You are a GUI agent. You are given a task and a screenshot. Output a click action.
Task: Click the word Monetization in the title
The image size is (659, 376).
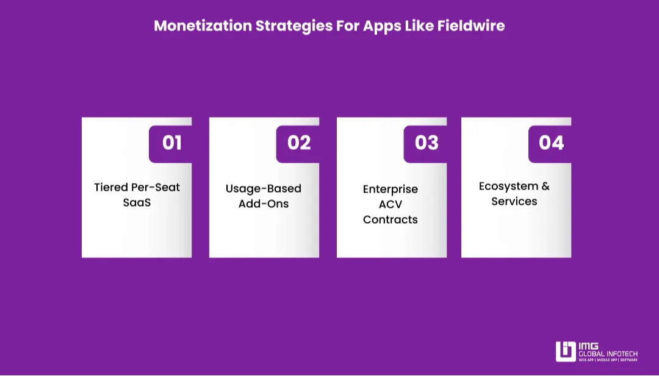[203, 26]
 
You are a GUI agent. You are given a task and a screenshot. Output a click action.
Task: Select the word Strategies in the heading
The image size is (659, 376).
[293, 26]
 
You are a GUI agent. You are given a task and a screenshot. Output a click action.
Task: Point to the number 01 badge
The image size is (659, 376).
[170, 144]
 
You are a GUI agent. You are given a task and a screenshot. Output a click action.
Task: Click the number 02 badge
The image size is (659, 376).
[298, 144]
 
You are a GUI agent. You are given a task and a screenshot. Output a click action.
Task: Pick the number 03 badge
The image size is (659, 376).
[425, 144]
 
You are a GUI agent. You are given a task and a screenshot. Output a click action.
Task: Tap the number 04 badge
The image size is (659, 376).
[550, 144]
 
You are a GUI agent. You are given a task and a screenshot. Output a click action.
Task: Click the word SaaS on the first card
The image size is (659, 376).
[137, 202]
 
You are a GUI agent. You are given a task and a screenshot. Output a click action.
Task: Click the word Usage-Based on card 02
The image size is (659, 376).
[264, 189]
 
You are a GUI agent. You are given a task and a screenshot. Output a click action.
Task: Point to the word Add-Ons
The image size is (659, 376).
[264, 204]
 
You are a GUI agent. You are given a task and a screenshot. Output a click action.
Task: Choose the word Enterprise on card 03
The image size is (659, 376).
[391, 190]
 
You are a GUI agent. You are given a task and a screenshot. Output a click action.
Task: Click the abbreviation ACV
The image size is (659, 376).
[391, 204]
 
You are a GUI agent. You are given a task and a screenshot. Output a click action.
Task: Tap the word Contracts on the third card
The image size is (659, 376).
[391, 219]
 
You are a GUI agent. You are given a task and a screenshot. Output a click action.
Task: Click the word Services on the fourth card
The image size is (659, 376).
[514, 202]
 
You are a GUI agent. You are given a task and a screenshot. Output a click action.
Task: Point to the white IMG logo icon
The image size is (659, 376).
[566, 352]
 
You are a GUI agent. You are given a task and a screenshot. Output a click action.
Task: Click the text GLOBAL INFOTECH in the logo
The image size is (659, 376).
[608, 354]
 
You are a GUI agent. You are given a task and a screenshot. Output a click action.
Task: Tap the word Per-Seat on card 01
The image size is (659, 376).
[156, 187]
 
